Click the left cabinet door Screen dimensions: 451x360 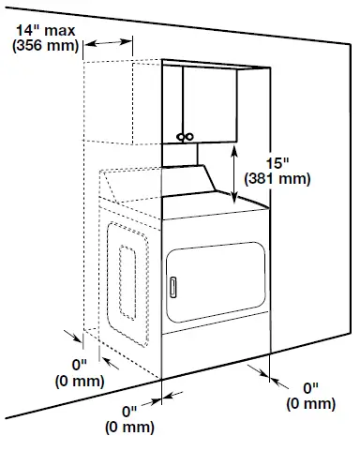click(173, 104)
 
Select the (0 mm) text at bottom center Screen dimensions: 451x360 click(129, 427)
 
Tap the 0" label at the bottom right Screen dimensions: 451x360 click(309, 387)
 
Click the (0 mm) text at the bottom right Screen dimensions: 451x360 click(309, 403)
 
